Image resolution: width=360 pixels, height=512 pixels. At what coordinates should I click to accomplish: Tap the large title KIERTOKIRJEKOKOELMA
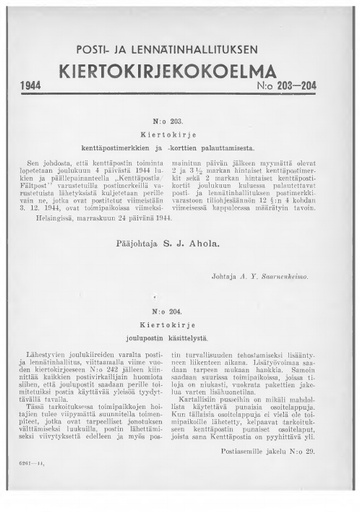pos(180,70)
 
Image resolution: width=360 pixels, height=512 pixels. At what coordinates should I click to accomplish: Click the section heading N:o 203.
pos(180,119)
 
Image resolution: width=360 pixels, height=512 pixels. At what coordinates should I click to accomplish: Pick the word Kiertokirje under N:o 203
pos(180,132)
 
